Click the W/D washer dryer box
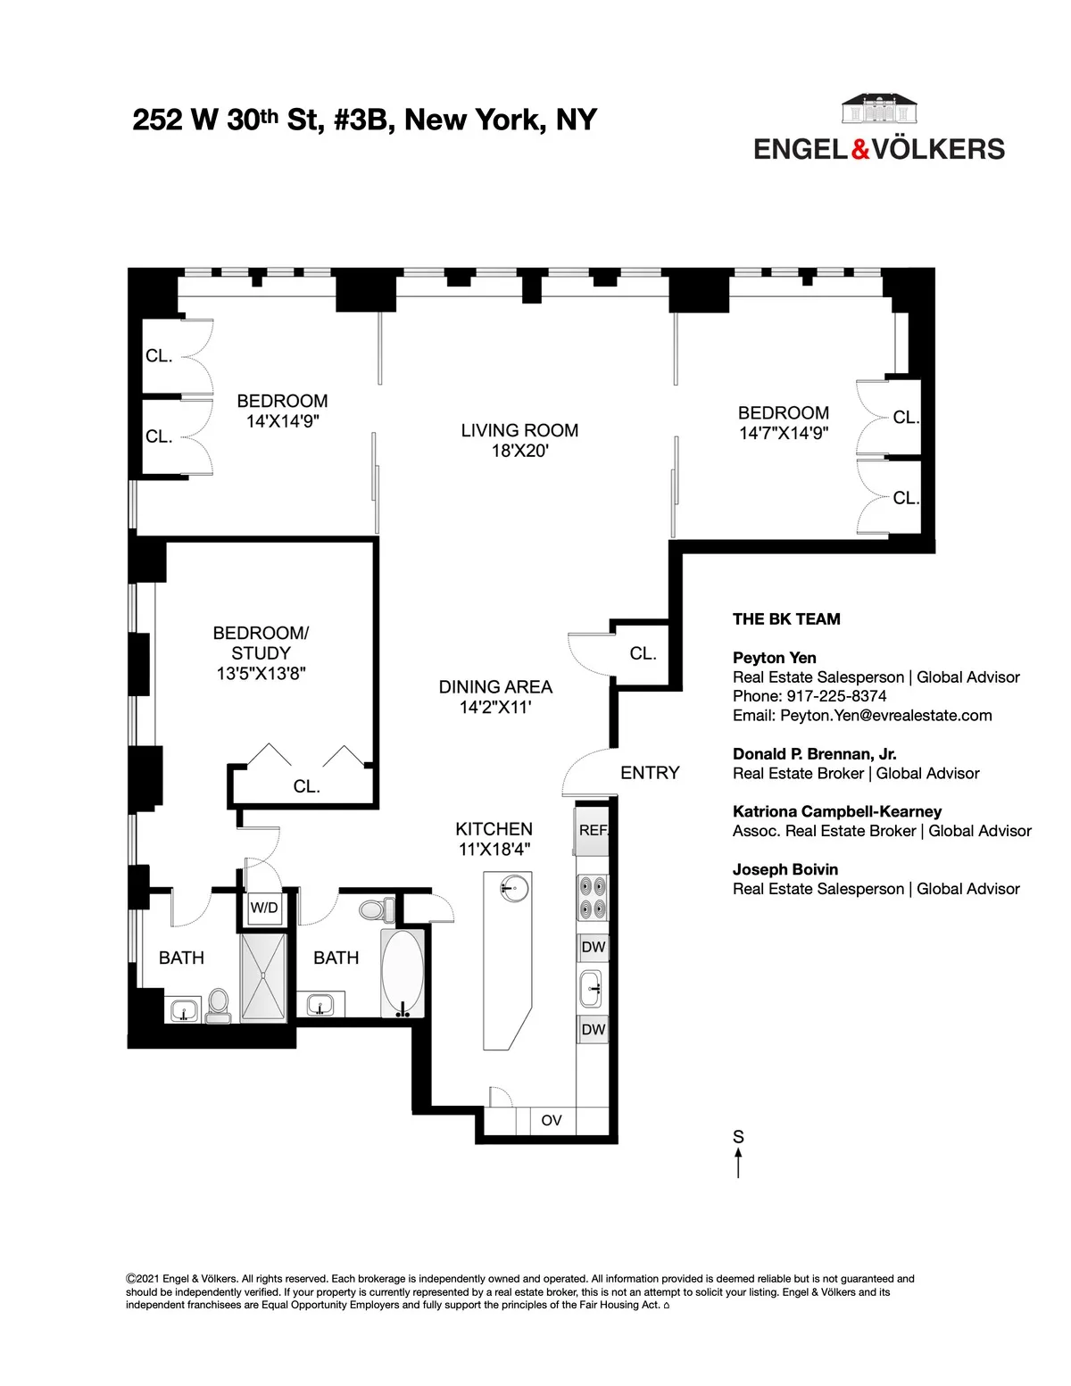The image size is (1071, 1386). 264,909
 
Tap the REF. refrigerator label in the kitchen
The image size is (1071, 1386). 593,830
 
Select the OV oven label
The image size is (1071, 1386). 552,1120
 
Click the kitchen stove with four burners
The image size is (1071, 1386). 593,898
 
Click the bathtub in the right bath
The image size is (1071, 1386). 403,974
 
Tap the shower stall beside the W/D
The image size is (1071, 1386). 263,976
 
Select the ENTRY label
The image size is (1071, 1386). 650,773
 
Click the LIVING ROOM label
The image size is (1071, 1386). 519,430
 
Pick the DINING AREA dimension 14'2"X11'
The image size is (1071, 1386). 495,708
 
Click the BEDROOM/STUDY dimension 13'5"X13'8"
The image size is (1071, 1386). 261,674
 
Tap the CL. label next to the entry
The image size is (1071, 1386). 643,653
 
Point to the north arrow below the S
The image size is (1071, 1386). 738,1163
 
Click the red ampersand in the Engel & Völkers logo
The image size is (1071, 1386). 860,149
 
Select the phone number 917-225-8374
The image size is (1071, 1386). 836,696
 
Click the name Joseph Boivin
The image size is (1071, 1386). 785,869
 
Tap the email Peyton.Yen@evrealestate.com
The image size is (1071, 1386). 885,715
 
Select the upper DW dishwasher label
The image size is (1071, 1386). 593,947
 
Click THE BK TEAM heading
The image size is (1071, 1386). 786,619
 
